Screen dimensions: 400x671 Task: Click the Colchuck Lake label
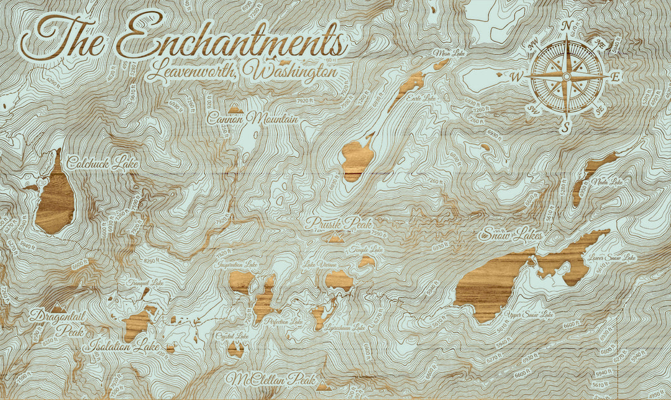click(x=103, y=163)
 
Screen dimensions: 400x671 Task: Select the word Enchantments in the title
click(x=230, y=39)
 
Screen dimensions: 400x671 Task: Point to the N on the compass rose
click(x=566, y=26)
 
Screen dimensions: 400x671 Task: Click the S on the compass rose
click(x=565, y=127)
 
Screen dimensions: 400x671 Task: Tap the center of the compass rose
click(x=566, y=76)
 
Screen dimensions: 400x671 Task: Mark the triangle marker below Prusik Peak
click(x=336, y=238)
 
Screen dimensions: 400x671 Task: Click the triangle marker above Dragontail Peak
click(x=58, y=307)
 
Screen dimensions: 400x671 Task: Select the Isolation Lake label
click(x=124, y=346)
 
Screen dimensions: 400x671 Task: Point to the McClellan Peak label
click(x=271, y=379)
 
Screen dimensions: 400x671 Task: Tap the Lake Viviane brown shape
click(x=339, y=281)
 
